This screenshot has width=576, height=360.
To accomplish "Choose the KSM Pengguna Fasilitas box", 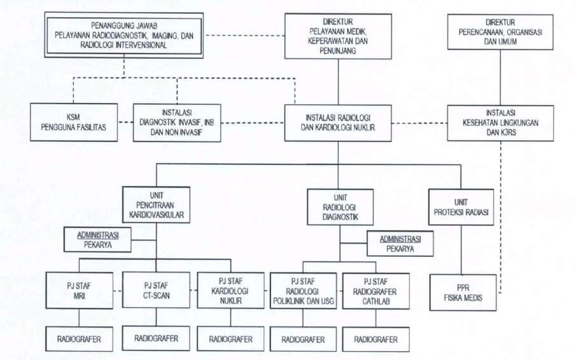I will pos(74,122).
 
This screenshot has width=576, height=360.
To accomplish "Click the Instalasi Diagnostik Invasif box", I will pos(177,122).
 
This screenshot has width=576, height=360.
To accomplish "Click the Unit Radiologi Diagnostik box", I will pos(340,207).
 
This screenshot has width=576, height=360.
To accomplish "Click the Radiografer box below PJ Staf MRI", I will pos(80,338).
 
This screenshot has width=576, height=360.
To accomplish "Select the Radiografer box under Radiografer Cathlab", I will pos(376,338).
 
